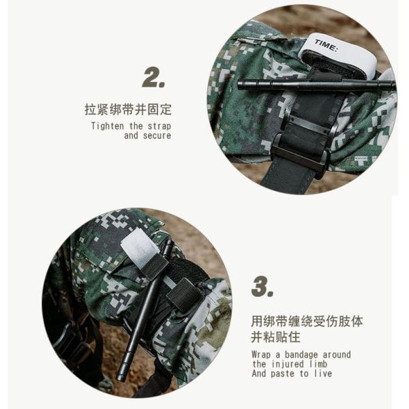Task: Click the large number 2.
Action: point(153,77)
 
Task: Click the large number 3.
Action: point(262,286)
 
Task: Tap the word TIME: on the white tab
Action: point(326,46)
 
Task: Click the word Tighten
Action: point(108,126)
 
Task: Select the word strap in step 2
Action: point(160,126)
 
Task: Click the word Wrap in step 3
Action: point(261,355)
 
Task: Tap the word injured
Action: point(288,364)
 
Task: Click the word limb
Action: point(318,364)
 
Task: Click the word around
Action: point(337,354)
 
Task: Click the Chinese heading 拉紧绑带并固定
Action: point(128,109)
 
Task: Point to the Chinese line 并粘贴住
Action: point(275,337)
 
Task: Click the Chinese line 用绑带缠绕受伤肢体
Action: point(307,321)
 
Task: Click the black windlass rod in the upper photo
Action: point(316,85)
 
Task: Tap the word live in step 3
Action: point(323,374)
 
